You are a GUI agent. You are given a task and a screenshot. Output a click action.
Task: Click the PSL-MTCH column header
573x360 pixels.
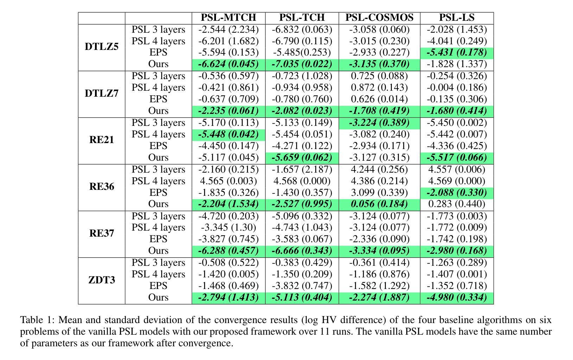[x=228, y=18]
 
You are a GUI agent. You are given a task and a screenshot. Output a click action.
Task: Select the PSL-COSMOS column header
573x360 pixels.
[x=379, y=18]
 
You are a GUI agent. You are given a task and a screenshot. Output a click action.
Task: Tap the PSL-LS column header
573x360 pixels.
[x=457, y=18]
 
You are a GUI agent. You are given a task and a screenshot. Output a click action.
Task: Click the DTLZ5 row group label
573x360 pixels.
[x=102, y=47]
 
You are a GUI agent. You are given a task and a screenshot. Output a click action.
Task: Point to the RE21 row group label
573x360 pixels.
[x=102, y=140]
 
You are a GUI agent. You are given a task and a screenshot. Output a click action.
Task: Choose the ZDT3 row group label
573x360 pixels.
[x=102, y=280]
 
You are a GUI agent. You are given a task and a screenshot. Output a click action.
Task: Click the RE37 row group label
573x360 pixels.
[x=102, y=233]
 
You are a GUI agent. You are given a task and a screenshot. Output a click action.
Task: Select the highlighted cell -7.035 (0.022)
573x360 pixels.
[x=302, y=64]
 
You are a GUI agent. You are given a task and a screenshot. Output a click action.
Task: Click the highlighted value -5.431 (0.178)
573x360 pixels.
[x=457, y=53]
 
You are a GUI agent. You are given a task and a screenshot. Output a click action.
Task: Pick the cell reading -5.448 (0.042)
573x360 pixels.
[x=228, y=134]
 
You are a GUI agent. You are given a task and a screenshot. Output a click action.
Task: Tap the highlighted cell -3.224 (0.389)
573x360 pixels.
[x=379, y=123]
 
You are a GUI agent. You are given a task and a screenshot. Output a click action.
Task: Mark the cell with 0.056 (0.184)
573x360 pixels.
[x=379, y=204]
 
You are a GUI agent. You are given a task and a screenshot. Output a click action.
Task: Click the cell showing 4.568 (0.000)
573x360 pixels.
[x=302, y=181]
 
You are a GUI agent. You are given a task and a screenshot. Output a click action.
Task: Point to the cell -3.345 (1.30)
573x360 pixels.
[x=228, y=227]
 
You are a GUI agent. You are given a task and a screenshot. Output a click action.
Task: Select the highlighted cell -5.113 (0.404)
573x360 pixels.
[x=302, y=298]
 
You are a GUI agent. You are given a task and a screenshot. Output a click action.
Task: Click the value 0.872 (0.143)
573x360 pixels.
[x=379, y=88]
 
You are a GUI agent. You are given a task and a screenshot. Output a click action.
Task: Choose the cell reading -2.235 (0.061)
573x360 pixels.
[x=228, y=111]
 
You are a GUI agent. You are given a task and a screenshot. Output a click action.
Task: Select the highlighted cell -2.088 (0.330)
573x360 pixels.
[x=457, y=193]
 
